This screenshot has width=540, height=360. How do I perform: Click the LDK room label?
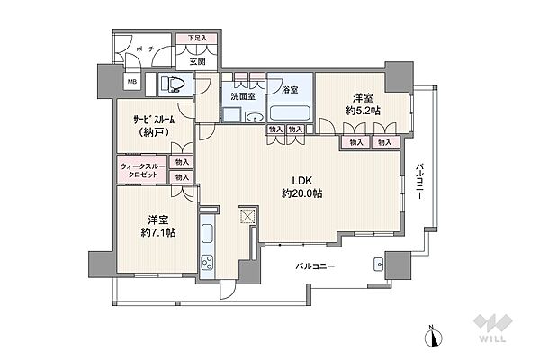pyautogui.click(x=302, y=181)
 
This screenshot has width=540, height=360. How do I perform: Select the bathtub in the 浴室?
pyautogui.click(x=290, y=113)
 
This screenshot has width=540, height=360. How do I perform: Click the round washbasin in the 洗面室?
pyautogui.click(x=256, y=118)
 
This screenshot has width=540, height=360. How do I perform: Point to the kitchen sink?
pyautogui.click(x=207, y=234)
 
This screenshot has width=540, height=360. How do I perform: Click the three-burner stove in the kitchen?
pyautogui.click(x=207, y=263)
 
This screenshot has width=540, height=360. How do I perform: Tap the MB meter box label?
pyautogui.click(x=132, y=82)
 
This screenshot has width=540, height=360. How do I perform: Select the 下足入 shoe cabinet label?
pyautogui.click(x=197, y=38)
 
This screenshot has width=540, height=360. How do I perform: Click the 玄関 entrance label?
pyautogui.click(x=198, y=61)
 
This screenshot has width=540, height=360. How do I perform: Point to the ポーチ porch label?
pyautogui.click(x=145, y=49)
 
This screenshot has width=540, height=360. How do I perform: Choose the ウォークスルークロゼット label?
pyautogui.click(x=143, y=170)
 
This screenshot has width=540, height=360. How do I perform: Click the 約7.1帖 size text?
pyautogui.click(x=158, y=233)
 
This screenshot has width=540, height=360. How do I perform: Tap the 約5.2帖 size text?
pyautogui.click(x=363, y=111)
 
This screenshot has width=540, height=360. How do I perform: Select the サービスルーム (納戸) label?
pyautogui.click(x=154, y=126)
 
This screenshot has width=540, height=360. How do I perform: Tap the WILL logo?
pyautogui.click(x=492, y=328)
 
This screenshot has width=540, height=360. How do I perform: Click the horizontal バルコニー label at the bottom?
pyautogui.click(x=315, y=266)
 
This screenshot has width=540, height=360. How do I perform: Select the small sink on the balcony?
pyautogui.click(x=379, y=265)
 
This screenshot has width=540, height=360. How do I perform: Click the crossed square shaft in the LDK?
pyautogui.click(x=247, y=216)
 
